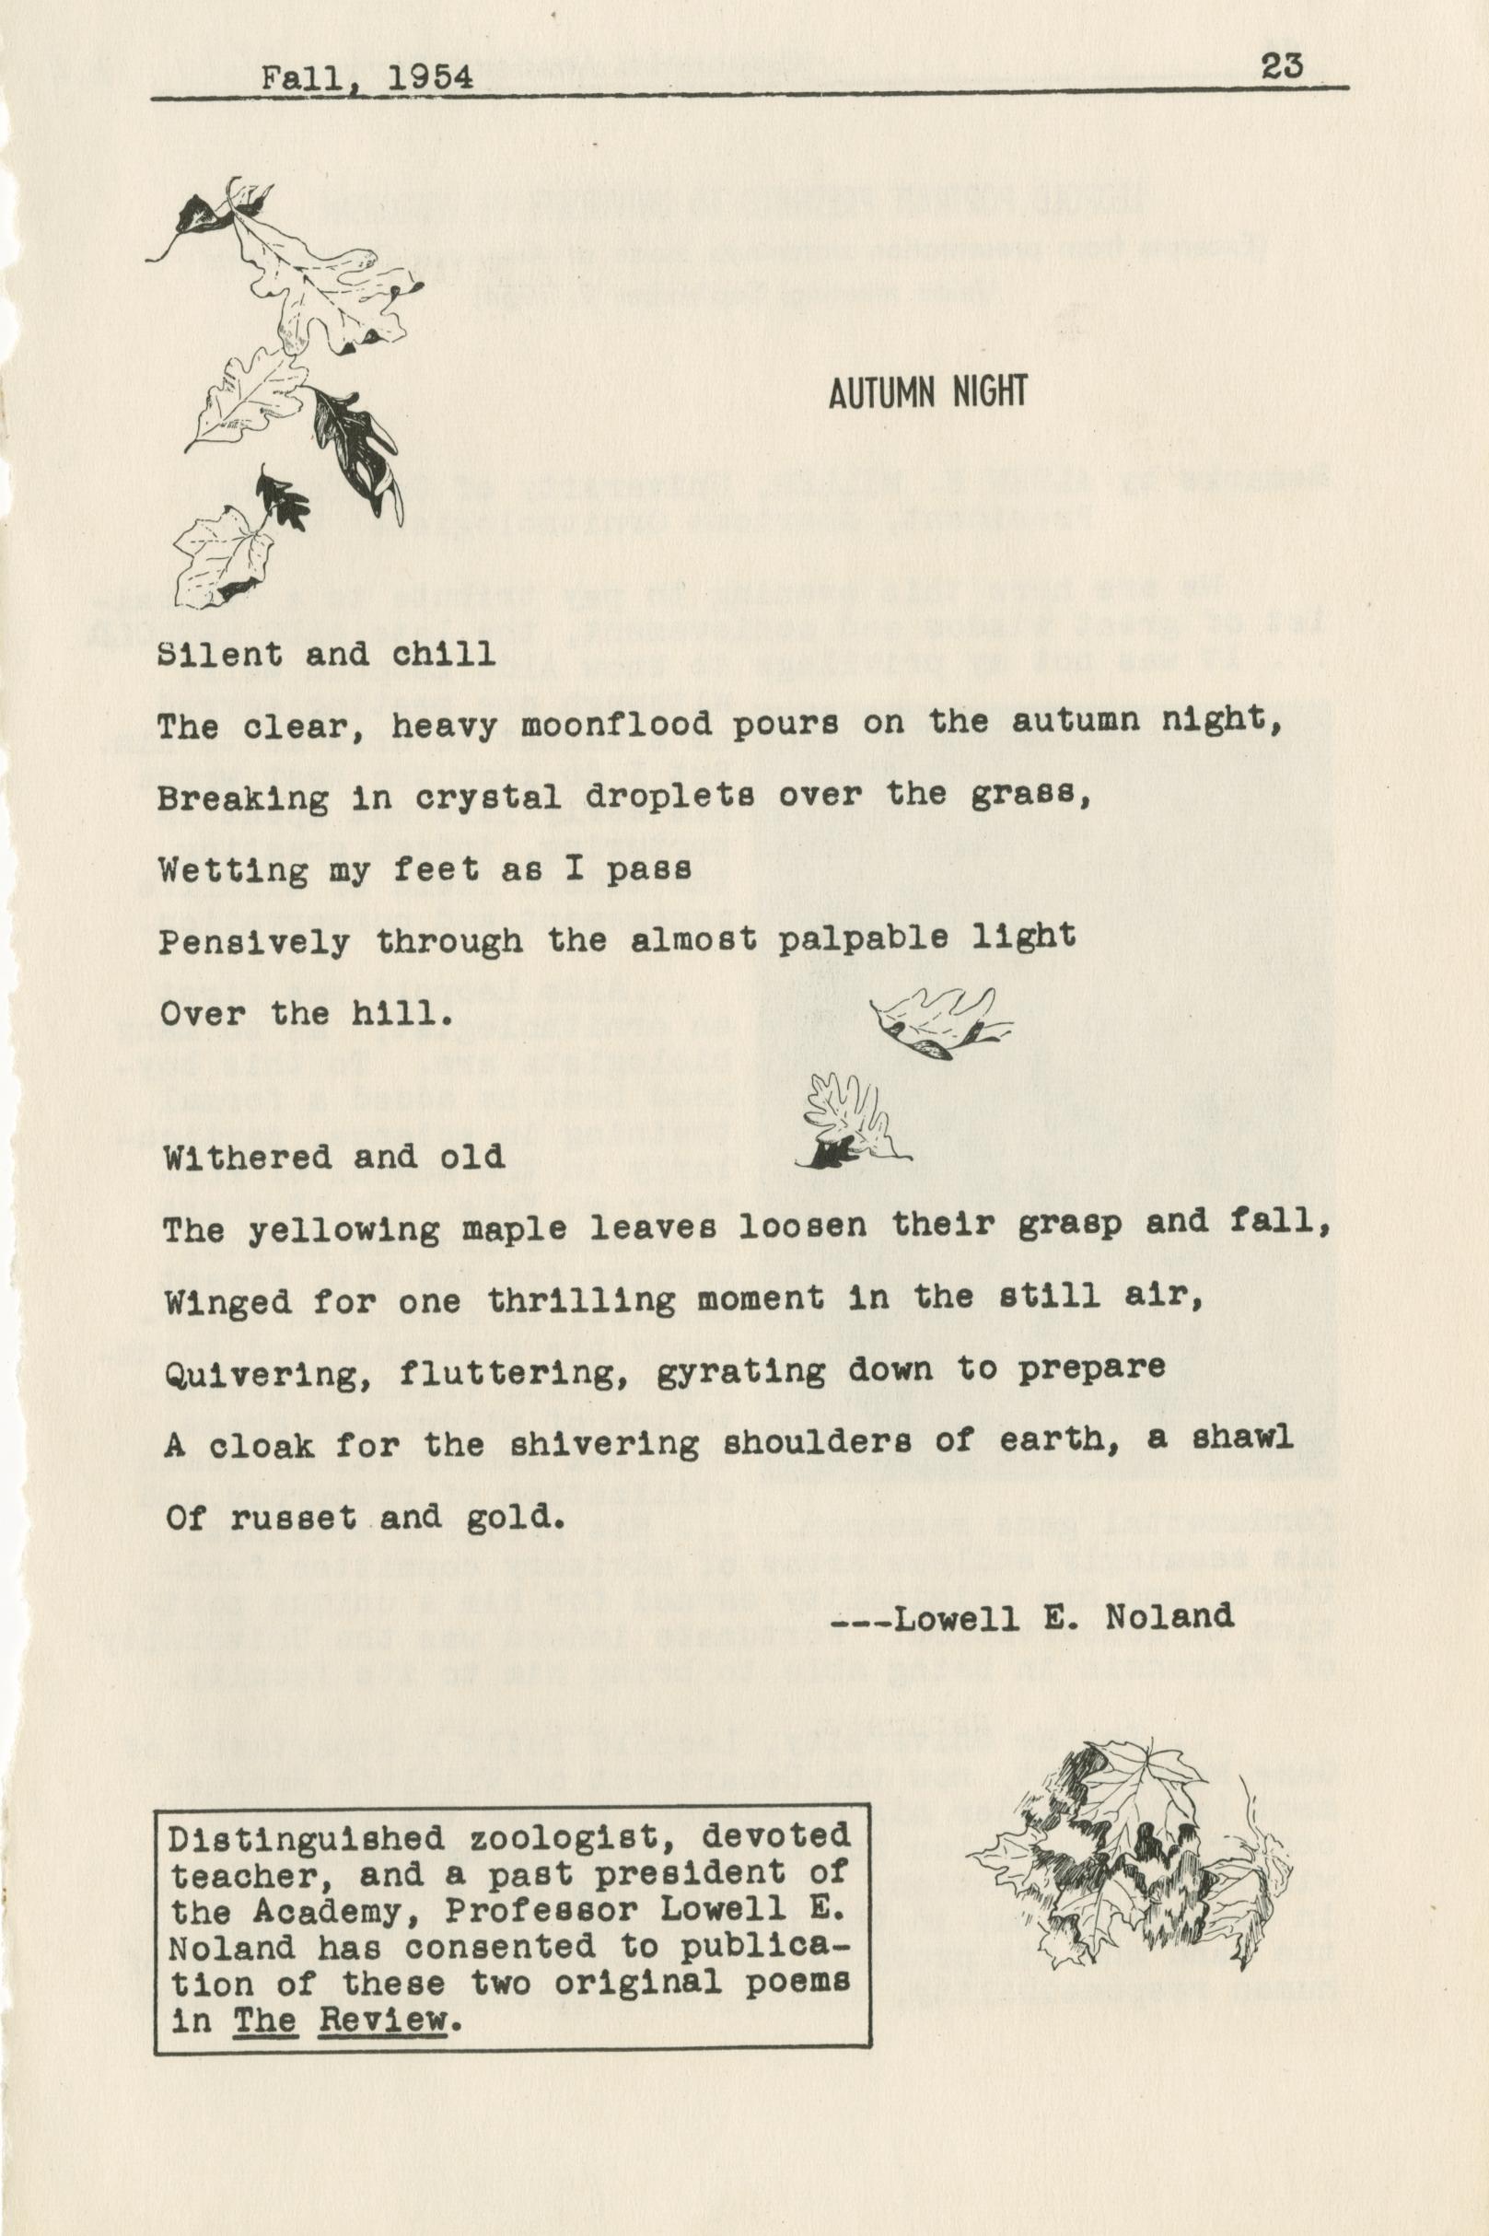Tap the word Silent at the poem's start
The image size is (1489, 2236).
219,655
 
